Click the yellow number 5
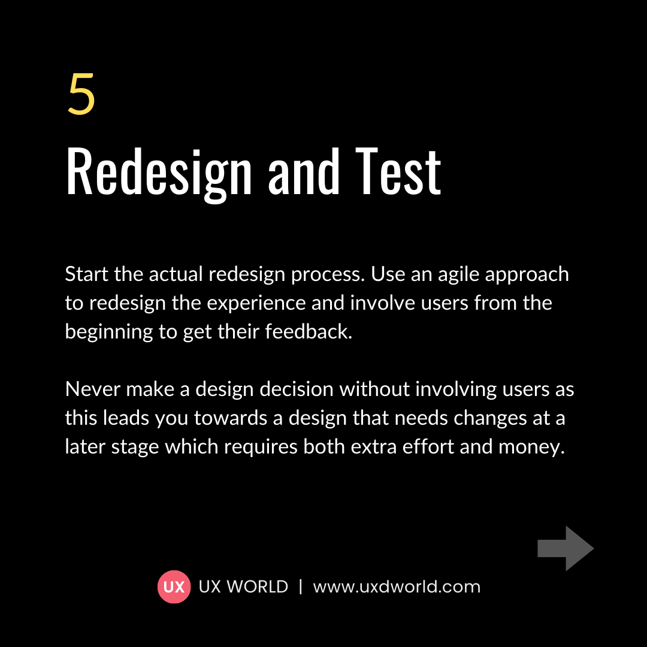[x=81, y=95]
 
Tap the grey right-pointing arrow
[x=565, y=548]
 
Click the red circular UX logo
[x=174, y=586]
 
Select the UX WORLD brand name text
[x=243, y=586]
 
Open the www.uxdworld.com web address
[x=397, y=586]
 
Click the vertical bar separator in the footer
[x=301, y=586]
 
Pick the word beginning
[x=109, y=332]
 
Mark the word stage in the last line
[x=139, y=447]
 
